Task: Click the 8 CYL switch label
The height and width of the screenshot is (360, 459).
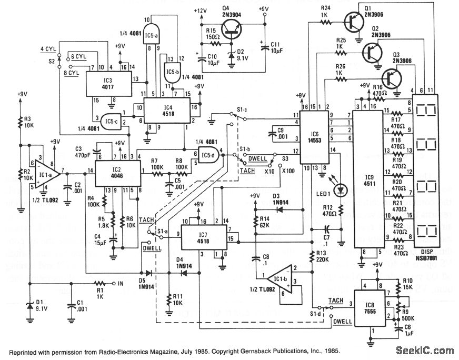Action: (72, 74)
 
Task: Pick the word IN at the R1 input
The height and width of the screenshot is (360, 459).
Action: (119, 284)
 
